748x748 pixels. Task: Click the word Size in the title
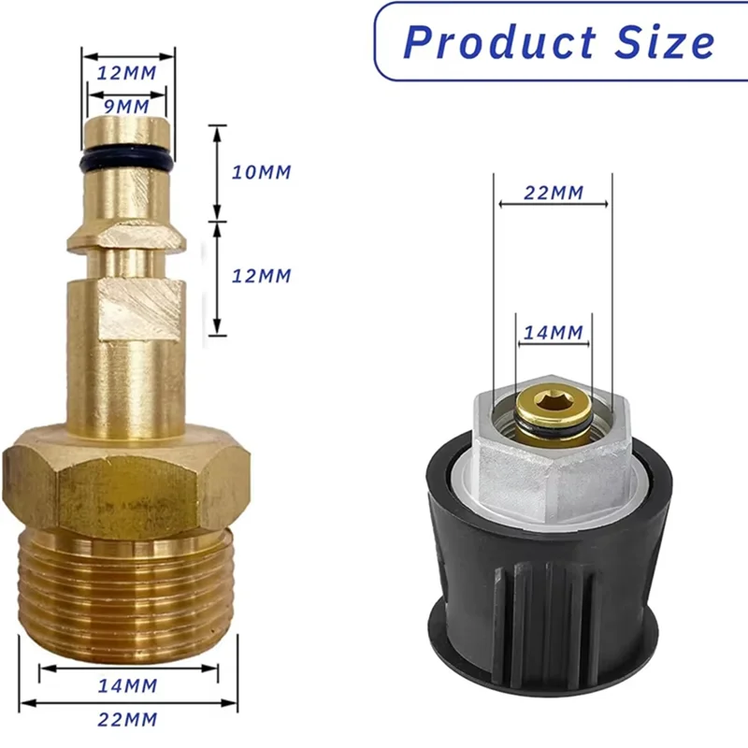point(663,42)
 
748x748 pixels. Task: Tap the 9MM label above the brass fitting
point(126,106)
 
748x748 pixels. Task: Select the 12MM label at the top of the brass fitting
point(128,72)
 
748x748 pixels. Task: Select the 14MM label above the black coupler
point(554,332)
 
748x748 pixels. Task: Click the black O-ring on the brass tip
point(127,159)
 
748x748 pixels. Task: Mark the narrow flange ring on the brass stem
point(127,241)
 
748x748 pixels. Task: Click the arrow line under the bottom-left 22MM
point(128,702)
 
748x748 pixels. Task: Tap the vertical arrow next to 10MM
point(217,172)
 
